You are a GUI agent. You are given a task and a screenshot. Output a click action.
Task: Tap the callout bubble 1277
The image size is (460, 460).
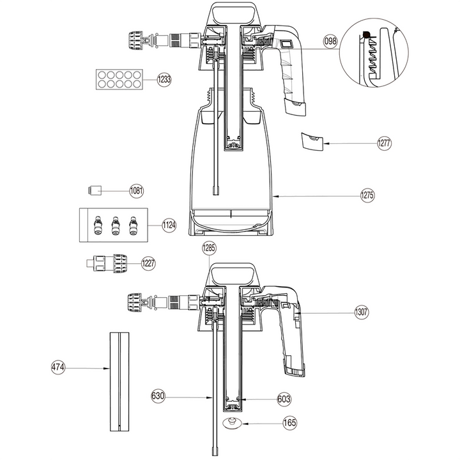384,143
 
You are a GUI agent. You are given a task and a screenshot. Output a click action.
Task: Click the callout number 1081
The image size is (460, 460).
137,190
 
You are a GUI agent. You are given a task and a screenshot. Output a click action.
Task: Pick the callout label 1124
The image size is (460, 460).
169,225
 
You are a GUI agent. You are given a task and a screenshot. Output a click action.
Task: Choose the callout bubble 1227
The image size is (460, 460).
148,263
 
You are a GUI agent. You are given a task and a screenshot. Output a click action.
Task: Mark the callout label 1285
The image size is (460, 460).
210,246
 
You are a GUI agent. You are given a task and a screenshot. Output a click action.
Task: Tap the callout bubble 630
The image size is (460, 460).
158,396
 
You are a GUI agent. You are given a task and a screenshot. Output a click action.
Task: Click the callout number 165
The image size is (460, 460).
289,422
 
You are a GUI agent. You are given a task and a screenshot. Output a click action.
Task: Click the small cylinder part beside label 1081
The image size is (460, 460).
95,190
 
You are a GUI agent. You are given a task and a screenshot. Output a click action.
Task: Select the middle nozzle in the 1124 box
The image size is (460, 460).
116,225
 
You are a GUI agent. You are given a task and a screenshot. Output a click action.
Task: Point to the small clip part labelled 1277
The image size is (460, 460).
312,141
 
